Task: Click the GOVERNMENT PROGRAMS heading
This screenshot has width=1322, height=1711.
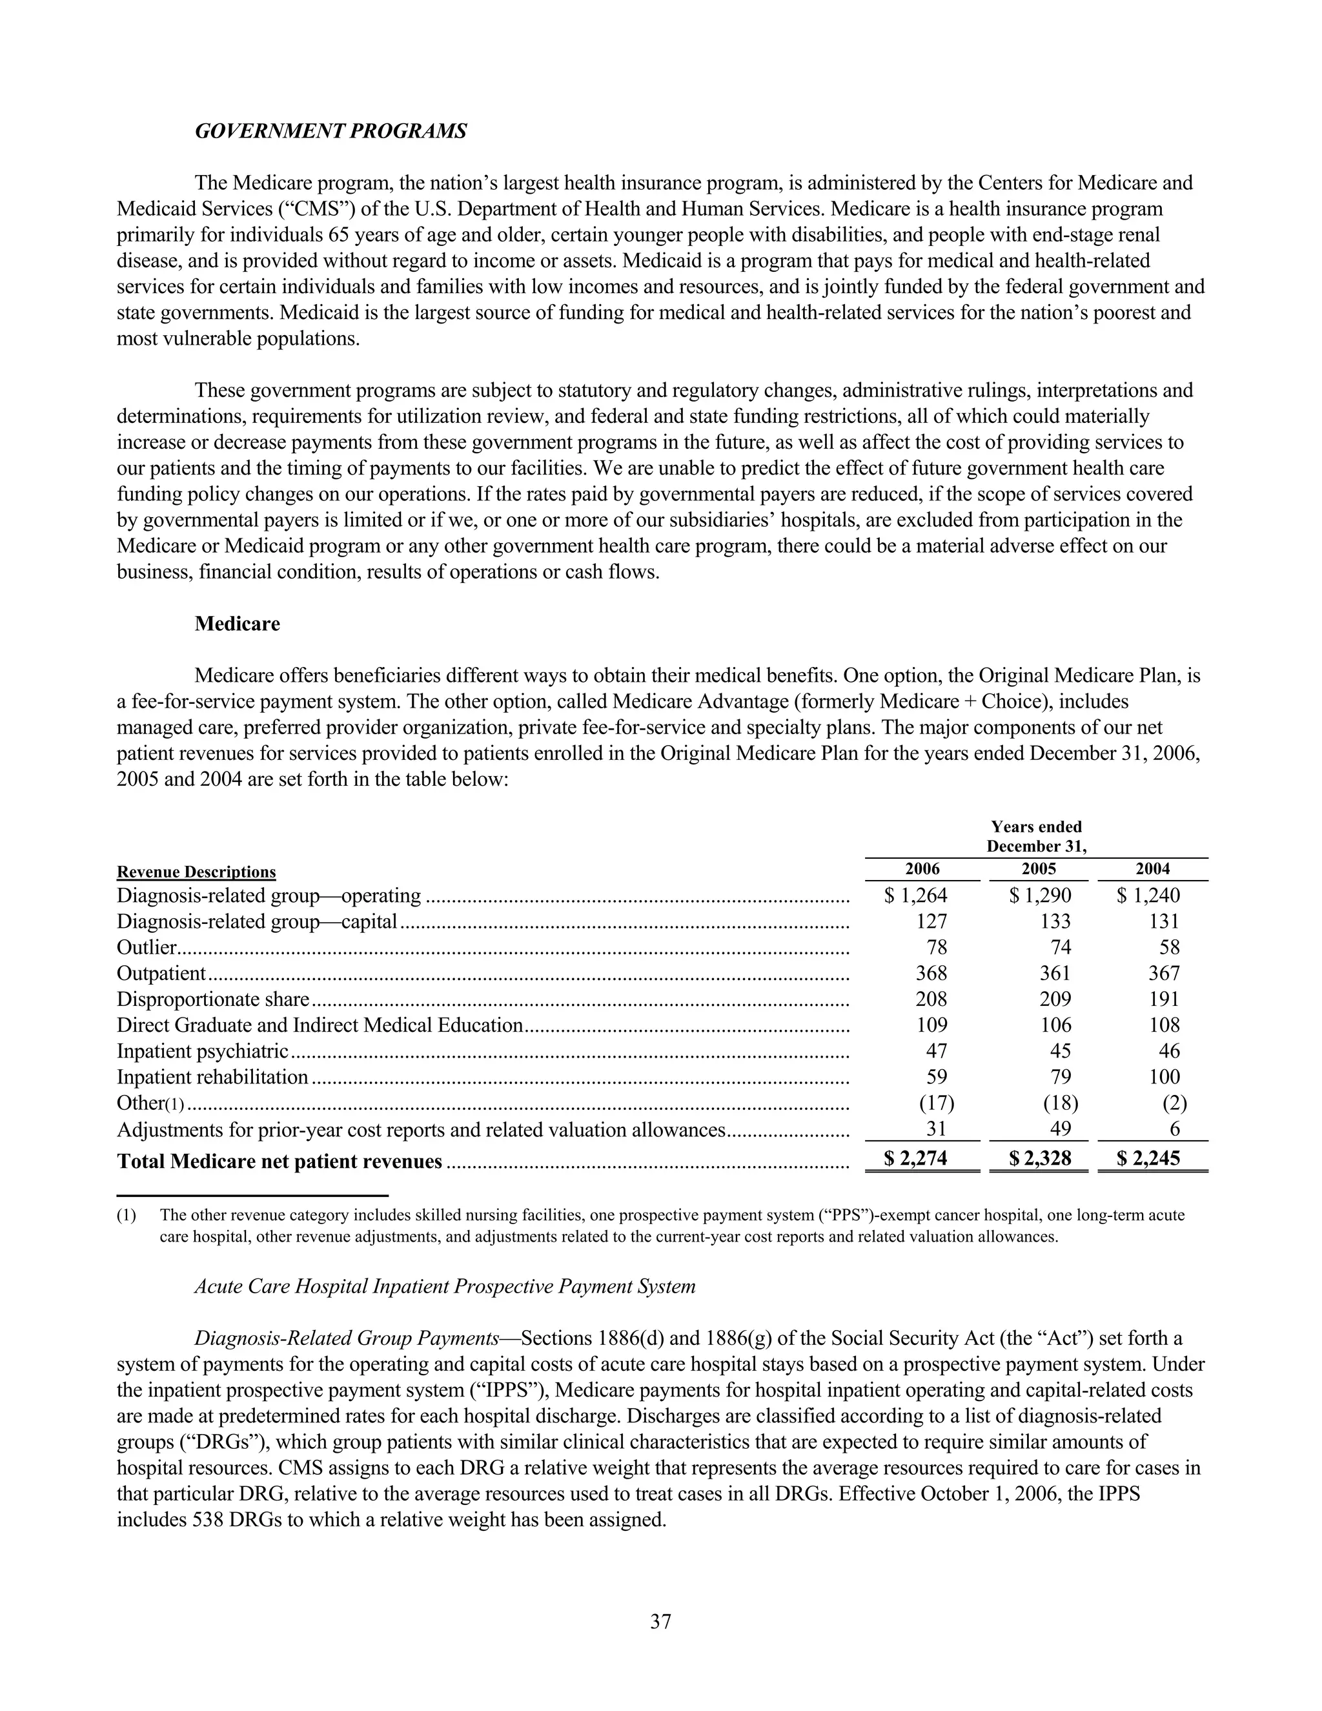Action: pyautogui.click(x=330, y=131)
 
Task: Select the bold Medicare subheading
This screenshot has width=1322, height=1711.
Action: pyautogui.click(x=238, y=624)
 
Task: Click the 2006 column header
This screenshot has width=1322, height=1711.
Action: pyautogui.click(x=922, y=869)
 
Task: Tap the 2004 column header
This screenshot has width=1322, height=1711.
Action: pyautogui.click(x=1152, y=869)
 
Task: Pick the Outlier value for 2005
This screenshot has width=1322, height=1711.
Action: pyautogui.click(x=1060, y=947)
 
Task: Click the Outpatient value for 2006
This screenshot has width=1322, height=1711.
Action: pyautogui.click(x=931, y=973)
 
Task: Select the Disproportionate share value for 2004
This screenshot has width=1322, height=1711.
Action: pyautogui.click(x=1164, y=999)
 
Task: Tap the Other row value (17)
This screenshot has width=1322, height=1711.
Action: pyautogui.click(x=936, y=1103)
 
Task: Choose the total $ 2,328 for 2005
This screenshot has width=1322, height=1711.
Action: pyautogui.click(x=1040, y=1159)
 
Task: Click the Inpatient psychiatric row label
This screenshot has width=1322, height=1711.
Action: pyautogui.click(x=203, y=1050)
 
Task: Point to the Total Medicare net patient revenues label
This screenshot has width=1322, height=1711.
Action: pyautogui.click(x=280, y=1161)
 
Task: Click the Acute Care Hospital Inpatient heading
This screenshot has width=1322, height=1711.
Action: pyautogui.click(x=445, y=1286)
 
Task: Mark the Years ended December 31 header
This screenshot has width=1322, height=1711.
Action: pyautogui.click(x=1036, y=837)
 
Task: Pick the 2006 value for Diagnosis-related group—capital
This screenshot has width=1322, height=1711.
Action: pyautogui.click(x=931, y=921)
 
